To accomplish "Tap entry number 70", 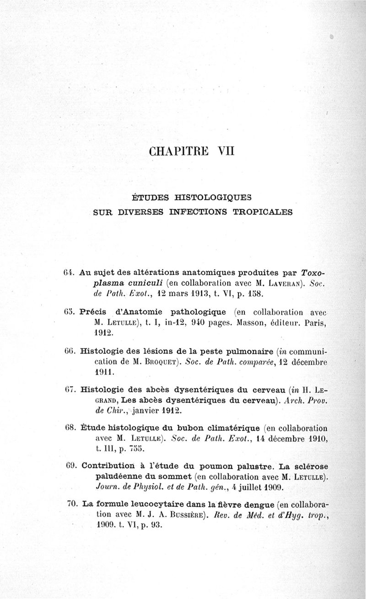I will point(71,504).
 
